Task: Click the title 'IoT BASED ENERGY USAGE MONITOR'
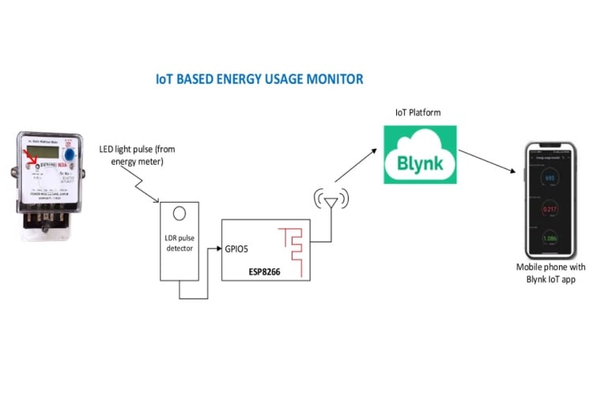click(259, 79)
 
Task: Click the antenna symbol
click(330, 200)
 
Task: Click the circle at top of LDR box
click(181, 214)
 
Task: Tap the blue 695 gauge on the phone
click(550, 177)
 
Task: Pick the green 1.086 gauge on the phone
click(550, 238)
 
